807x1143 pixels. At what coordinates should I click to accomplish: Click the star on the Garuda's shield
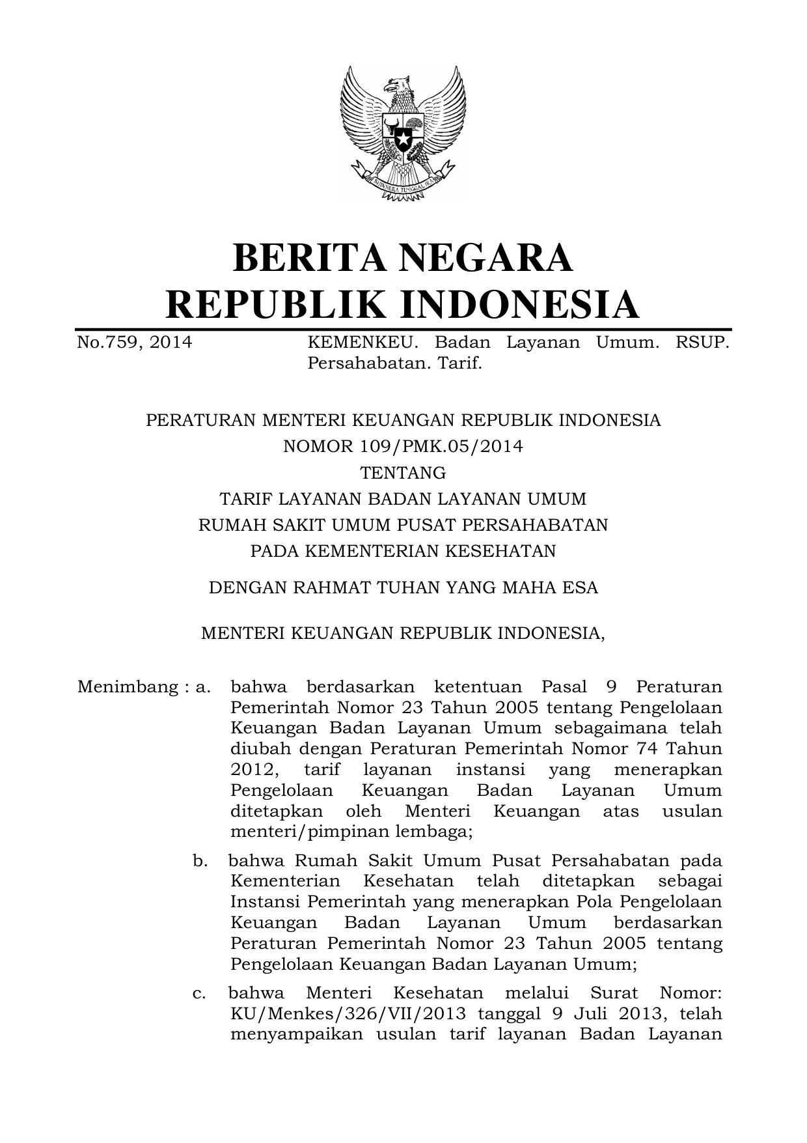(x=403, y=139)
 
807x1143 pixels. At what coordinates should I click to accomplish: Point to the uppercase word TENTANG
(x=403, y=472)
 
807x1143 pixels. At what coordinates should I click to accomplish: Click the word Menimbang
(x=127, y=687)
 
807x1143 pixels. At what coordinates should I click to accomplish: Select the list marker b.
(x=200, y=860)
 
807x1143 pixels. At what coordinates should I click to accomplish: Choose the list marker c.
(x=200, y=993)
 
